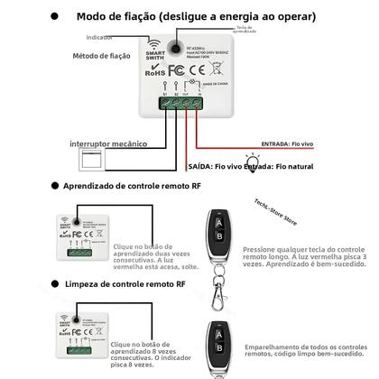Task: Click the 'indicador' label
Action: (99, 37)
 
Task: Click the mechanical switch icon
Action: (93, 163)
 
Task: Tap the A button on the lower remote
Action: (217, 330)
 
